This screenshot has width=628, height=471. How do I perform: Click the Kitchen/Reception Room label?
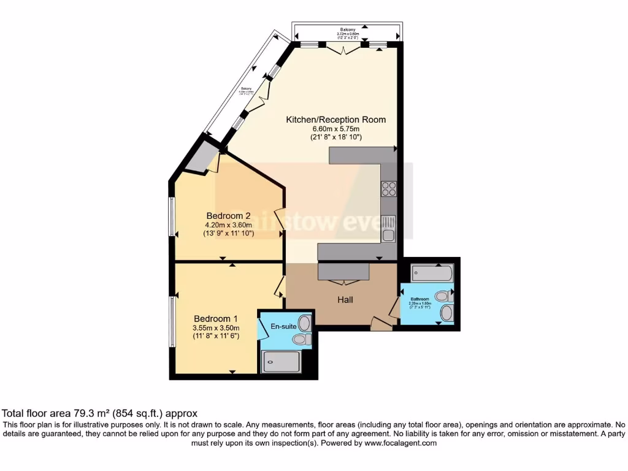click(x=336, y=120)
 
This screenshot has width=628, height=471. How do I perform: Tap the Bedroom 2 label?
click(x=228, y=216)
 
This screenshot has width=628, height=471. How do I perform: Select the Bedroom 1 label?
click(x=216, y=319)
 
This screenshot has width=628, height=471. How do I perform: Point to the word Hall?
click(x=345, y=300)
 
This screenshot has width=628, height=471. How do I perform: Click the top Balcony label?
click(x=348, y=29)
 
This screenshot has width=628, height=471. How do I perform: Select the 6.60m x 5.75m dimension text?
click(x=336, y=129)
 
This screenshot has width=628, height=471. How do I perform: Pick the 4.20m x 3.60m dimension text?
click(x=228, y=225)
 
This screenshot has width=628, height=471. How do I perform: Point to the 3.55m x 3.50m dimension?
click(x=216, y=328)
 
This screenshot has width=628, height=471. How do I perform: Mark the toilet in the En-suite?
click(x=302, y=339)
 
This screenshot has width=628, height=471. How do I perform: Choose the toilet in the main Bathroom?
click(x=444, y=297)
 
